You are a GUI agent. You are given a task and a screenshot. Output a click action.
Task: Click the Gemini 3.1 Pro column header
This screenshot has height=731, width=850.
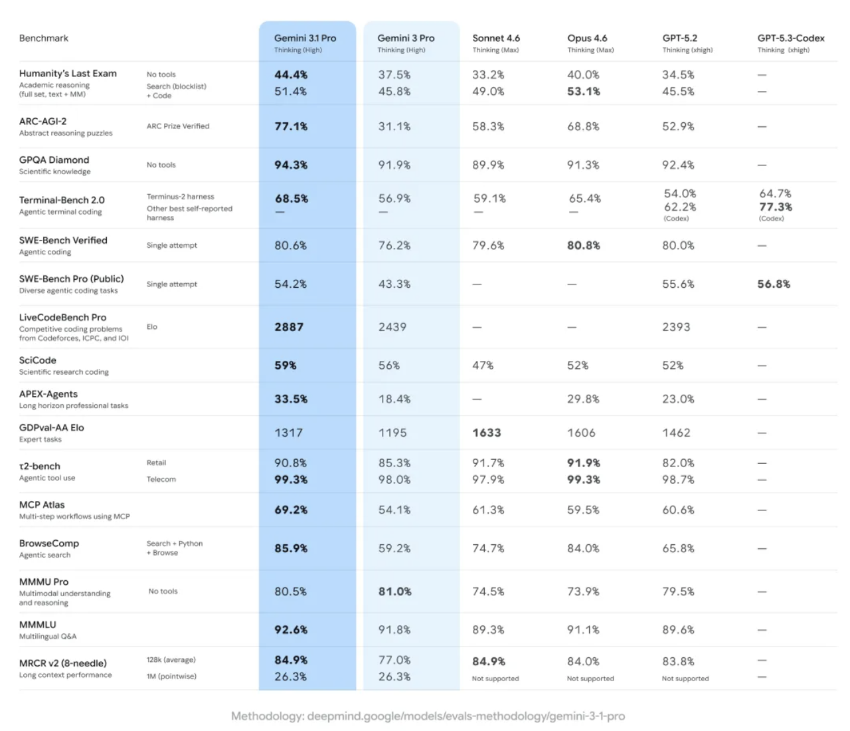(x=305, y=39)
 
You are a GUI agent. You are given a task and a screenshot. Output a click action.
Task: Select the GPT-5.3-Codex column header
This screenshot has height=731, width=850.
(x=790, y=39)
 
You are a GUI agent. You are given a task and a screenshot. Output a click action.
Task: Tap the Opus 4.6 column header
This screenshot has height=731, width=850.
(x=587, y=39)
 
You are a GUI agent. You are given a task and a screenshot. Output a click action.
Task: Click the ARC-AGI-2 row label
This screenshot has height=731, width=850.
(x=43, y=122)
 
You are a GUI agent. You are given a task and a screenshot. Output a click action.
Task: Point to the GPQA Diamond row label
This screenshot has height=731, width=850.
(x=54, y=160)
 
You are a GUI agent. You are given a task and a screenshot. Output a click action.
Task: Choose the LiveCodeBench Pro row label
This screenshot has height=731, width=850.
(x=62, y=318)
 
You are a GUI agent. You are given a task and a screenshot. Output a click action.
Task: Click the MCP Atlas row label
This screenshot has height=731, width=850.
(x=42, y=505)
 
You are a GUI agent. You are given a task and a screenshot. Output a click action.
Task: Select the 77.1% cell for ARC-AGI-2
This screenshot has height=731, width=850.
(x=291, y=126)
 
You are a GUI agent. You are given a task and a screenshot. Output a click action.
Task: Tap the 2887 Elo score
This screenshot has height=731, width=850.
(x=289, y=327)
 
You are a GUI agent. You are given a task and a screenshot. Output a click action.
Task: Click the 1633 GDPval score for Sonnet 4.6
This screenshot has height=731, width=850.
(x=487, y=433)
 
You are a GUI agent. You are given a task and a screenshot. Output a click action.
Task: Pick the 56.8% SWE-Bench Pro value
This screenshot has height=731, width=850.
(x=774, y=284)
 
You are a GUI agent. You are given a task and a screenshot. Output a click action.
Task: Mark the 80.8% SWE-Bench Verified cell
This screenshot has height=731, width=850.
(x=584, y=245)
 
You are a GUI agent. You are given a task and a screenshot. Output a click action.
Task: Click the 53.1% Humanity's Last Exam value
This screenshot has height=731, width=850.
(x=584, y=91)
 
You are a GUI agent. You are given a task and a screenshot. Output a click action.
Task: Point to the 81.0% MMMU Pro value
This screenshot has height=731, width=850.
(x=395, y=591)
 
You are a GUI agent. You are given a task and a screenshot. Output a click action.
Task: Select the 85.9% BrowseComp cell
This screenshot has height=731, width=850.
(x=291, y=548)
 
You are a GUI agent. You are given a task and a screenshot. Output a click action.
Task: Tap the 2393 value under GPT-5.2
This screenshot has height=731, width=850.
(x=676, y=327)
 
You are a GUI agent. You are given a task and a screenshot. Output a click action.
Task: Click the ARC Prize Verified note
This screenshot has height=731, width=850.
(x=178, y=126)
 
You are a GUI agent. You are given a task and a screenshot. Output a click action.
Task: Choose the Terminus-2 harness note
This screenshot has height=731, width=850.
(x=181, y=197)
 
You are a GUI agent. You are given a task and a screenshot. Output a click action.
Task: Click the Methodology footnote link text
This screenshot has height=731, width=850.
(x=428, y=716)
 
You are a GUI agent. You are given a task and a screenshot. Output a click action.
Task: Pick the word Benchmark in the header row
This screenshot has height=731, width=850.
(x=44, y=39)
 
